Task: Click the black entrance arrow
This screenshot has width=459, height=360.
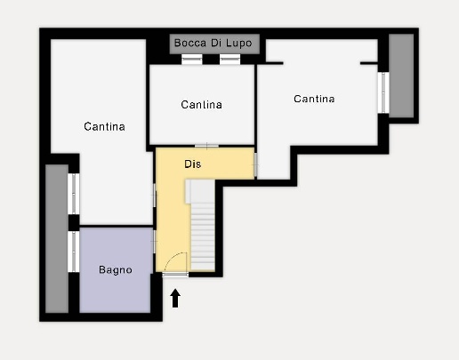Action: (x=175, y=298)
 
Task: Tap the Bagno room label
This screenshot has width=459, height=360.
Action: (x=116, y=270)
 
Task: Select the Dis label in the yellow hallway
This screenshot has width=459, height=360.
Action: (x=193, y=164)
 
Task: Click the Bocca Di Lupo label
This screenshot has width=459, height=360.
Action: (x=213, y=43)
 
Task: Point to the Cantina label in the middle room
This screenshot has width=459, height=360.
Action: (x=201, y=105)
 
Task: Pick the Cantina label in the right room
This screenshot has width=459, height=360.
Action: (x=314, y=99)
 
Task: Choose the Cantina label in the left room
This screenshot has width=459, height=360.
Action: (x=104, y=126)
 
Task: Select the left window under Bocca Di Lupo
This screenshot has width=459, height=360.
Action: (x=192, y=60)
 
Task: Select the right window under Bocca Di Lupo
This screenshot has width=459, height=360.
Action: (x=229, y=60)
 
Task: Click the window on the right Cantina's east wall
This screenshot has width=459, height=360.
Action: (x=383, y=92)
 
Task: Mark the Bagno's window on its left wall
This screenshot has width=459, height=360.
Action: (x=74, y=252)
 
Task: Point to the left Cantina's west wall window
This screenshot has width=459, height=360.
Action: (x=74, y=194)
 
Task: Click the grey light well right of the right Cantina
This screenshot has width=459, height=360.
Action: (x=401, y=76)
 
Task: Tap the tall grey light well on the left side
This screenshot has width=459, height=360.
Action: (x=57, y=238)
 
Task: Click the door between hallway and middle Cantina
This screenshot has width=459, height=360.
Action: (x=206, y=146)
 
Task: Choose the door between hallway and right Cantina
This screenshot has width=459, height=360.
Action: (x=255, y=165)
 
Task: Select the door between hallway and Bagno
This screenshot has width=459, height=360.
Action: (x=154, y=242)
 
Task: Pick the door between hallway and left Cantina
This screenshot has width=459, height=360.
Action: (x=154, y=196)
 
